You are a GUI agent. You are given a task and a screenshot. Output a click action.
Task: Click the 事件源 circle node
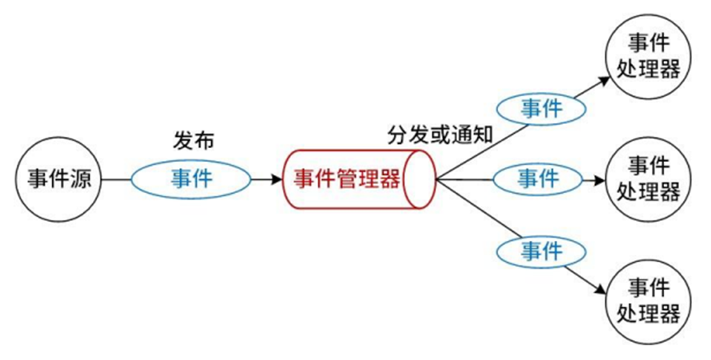click(58, 178)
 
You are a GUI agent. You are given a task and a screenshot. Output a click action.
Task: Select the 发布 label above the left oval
click(194, 141)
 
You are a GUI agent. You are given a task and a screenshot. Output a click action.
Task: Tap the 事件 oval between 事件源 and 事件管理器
click(192, 178)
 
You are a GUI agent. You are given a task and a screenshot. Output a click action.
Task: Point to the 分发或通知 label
click(440, 135)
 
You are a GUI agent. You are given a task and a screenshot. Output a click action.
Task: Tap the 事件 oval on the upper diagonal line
click(542, 107)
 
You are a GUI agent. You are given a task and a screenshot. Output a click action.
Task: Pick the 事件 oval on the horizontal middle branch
click(537, 178)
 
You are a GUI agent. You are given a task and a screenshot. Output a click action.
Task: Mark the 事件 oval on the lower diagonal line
click(542, 247)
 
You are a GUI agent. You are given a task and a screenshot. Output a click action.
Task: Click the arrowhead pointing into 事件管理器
click(275, 178)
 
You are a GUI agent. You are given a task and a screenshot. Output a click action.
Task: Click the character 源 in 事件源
click(81, 179)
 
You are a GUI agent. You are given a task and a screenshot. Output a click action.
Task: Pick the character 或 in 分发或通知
click(441, 135)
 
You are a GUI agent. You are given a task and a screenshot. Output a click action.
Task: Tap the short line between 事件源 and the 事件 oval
click(115, 178)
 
